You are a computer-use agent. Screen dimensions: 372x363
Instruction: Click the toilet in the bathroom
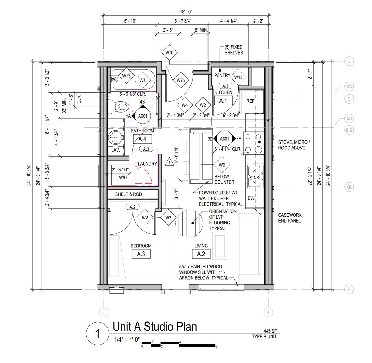tap(118, 107)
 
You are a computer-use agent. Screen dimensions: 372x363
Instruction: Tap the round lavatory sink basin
tap(115, 137)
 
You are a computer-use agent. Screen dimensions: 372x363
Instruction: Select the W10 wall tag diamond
tap(169, 52)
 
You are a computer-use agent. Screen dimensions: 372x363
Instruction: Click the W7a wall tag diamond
tap(181, 80)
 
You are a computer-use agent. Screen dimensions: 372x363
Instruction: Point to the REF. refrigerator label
tap(251, 101)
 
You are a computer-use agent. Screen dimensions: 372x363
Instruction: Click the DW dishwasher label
tap(251, 198)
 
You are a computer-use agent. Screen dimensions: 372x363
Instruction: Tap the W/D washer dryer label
tap(123, 178)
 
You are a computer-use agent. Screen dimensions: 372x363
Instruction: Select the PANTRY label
tap(222, 76)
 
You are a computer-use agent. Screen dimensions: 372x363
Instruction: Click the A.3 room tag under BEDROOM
tap(141, 254)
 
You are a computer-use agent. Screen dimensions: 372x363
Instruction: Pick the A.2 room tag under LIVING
tap(201, 254)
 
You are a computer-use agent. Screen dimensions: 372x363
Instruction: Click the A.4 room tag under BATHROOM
tap(142, 139)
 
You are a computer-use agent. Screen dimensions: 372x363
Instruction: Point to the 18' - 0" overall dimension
tap(186, 12)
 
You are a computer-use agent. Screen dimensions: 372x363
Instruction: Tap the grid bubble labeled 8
tap(104, 312)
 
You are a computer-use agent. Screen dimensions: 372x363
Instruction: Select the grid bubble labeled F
tap(349, 289)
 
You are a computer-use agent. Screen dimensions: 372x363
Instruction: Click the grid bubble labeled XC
tap(349, 86)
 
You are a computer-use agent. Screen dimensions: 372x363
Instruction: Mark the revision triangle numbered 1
tap(169, 162)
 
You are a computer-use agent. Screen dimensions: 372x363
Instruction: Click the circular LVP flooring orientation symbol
tap(189, 224)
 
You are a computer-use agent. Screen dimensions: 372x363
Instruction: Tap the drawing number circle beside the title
tap(97, 334)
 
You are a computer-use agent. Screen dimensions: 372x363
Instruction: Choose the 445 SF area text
tap(270, 331)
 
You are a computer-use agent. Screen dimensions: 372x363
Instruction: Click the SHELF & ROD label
tap(128, 194)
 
